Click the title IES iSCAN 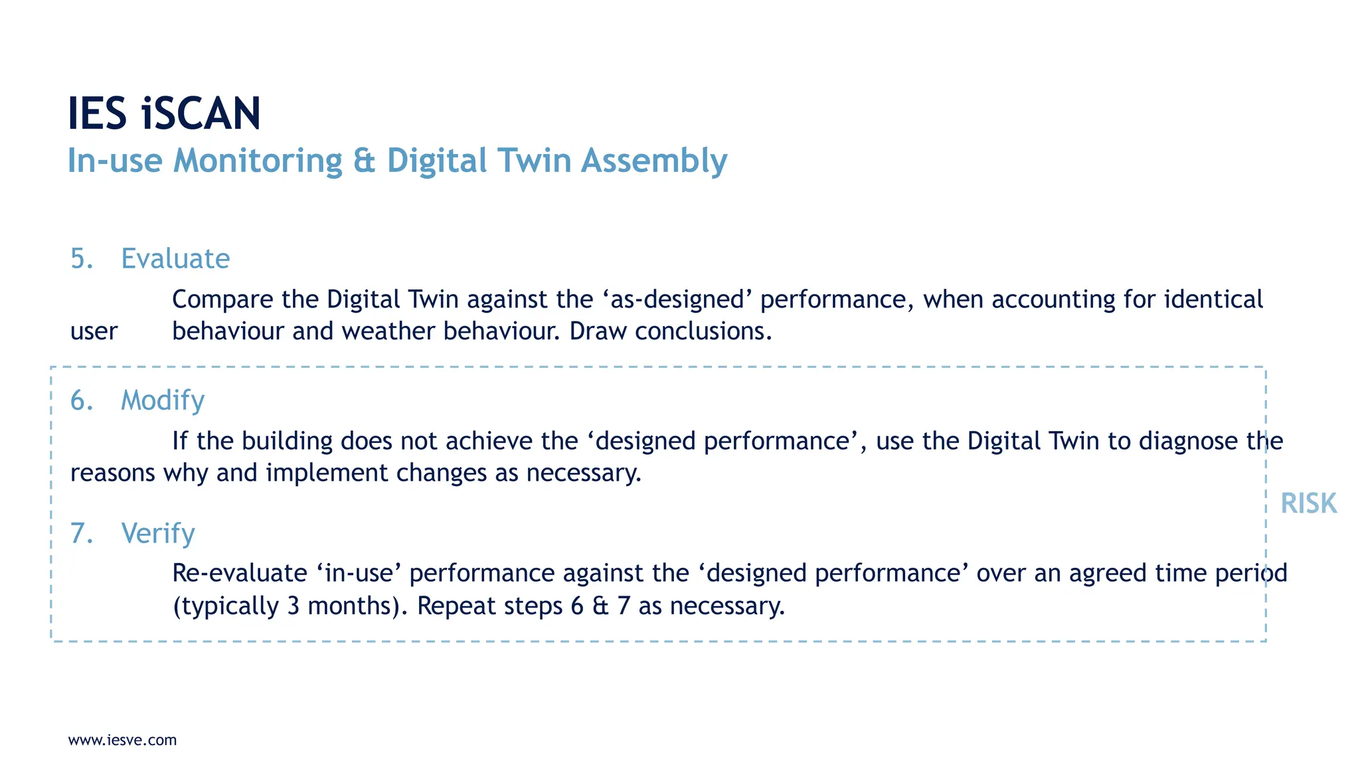point(164,114)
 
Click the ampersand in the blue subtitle point(364,161)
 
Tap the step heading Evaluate point(175,258)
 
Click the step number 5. point(81,258)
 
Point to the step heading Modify point(163,400)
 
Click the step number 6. point(81,400)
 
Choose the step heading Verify point(158,533)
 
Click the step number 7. point(81,533)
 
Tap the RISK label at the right point(1308,503)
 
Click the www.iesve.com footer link point(123,740)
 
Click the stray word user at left point(94,331)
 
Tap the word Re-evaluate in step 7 point(240,573)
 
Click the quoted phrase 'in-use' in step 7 point(359,573)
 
